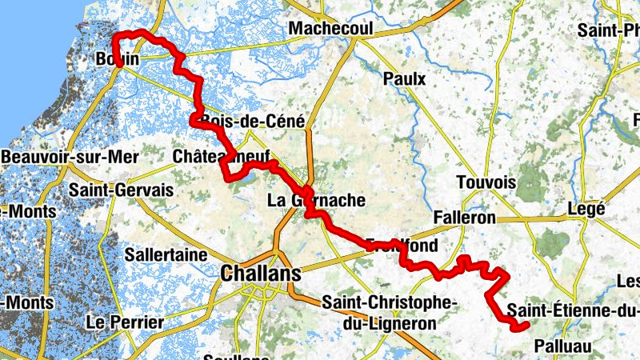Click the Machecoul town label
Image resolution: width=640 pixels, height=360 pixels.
click(x=331, y=28)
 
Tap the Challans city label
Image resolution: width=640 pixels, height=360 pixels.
click(x=261, y=274)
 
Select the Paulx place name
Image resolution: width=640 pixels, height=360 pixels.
click(x=404, y=79)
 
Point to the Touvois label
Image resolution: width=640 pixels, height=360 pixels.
click(x=486, y=182)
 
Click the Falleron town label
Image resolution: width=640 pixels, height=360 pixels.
click(x=464, y=218)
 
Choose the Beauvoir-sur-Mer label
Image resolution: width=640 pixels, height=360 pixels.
click(x=70, y=157)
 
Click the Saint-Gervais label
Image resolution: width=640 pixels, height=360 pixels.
click(x=121, y=191)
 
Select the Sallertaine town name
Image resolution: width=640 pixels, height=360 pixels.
click(x=167, y=254)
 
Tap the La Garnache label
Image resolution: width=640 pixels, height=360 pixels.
click(x=316, y=200)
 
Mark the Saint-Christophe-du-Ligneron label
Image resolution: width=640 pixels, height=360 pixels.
click(x=389, y=312)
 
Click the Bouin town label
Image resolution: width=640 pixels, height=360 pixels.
click(x=117, y=59)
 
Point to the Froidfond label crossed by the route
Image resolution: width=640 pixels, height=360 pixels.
click(x=403, y=246)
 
